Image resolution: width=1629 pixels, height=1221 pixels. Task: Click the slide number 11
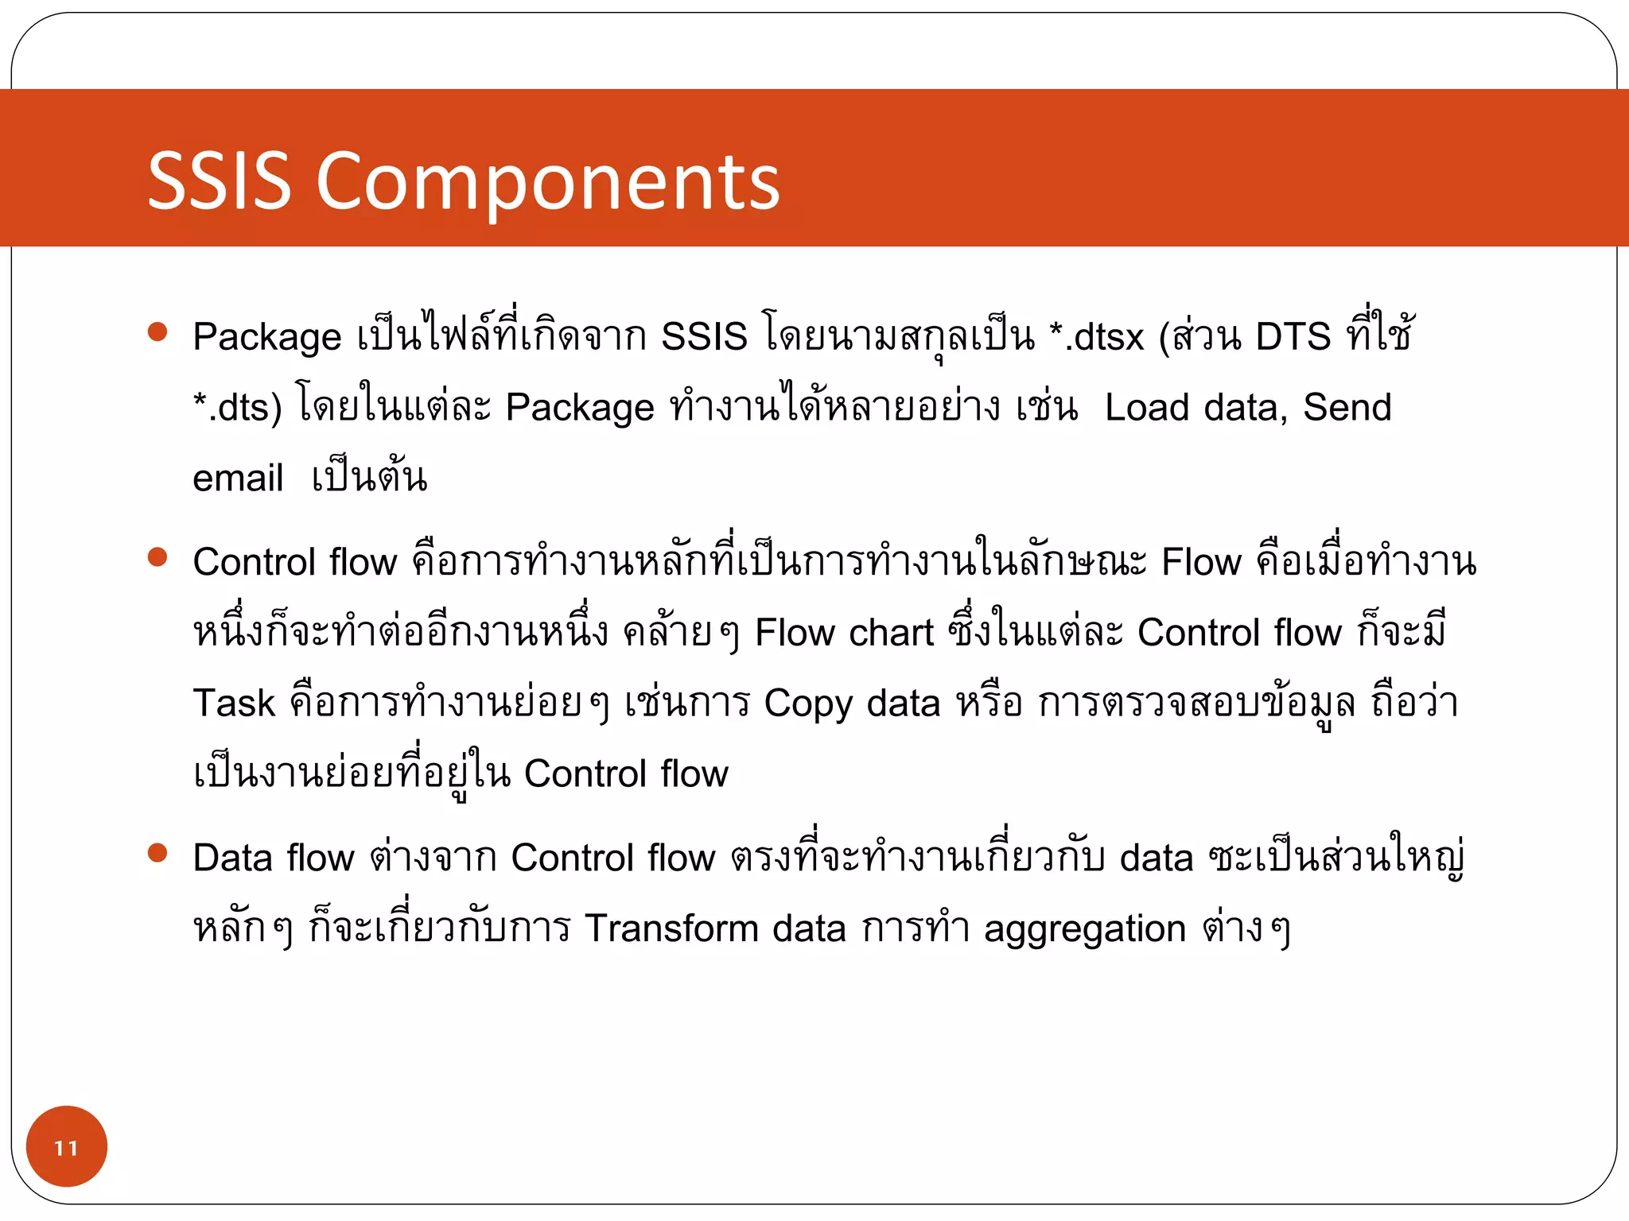(x=66, y=1147)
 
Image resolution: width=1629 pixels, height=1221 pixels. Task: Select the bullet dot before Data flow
(x=157, y=853)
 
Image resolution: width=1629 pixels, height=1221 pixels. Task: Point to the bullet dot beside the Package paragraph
(x=157, y=331)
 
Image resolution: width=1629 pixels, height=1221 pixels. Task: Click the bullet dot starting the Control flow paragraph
(x=157, y=556)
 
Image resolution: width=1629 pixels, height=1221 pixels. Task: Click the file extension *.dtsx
(x=1096, y=337)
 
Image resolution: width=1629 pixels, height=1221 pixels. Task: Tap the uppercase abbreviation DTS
(x=1293, y=337)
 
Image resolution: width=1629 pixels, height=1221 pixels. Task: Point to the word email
(x=238, y=479)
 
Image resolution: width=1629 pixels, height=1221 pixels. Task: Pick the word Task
(x=234, y=704)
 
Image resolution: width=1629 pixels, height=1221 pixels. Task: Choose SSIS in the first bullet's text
(x=704, y=337)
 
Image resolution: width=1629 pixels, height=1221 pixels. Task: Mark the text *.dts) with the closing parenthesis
(x=237, y=408)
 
